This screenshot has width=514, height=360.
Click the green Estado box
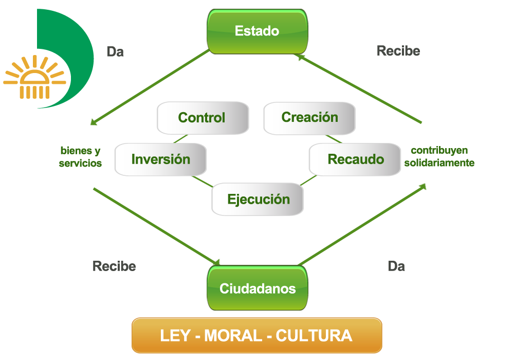coord(257,31)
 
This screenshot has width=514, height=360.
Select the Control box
coord(202,118)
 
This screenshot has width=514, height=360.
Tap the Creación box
coord(309,118)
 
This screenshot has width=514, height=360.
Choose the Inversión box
coord(160,159)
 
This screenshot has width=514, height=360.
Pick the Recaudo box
coord(355,159)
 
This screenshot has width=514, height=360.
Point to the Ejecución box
coord(258,200)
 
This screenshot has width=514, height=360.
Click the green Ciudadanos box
coord(258,288)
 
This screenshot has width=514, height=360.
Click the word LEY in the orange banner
coord(175,336)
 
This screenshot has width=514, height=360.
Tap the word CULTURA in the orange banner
coord(314,336)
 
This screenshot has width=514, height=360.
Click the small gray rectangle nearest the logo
coord(116,51)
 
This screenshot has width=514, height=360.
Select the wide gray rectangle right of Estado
coord(398,51)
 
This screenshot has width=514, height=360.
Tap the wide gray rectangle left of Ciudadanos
coord(114,266)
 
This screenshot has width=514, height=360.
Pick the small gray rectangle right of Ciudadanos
coord(396,266)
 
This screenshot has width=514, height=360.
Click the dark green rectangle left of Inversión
coord(80,157)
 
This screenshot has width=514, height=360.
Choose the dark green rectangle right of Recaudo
coord(438,157)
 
